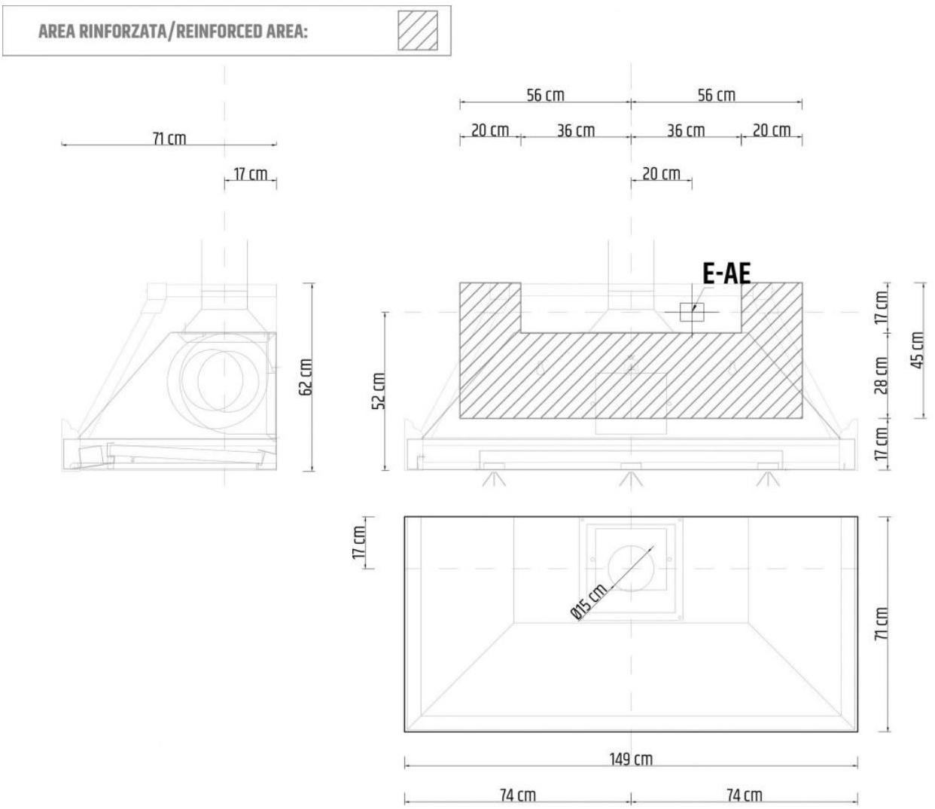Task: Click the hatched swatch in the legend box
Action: (418, 30)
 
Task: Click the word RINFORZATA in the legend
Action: (122, 32)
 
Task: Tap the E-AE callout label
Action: (726, 273)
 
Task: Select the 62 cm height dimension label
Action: (306, 377)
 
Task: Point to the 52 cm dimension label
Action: (379, 391)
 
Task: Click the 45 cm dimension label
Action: (917, 350)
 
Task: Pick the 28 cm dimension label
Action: (882, 375)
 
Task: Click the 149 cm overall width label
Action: (631, 759)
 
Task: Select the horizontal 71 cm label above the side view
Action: (169, 138)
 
